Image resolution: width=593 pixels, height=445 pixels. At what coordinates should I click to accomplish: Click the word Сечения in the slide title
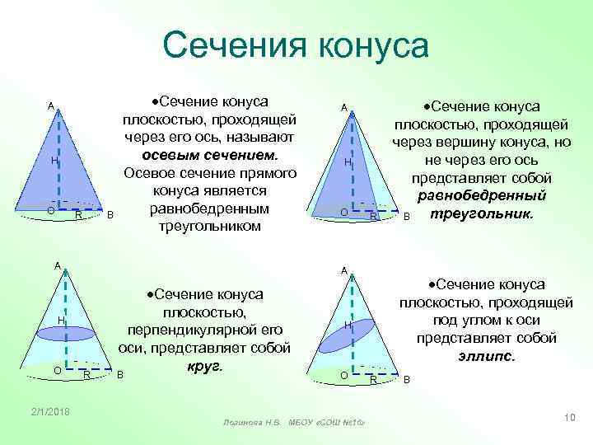226,45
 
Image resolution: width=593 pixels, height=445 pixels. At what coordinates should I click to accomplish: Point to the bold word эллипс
486,357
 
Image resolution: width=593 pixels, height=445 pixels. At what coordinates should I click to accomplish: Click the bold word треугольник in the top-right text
476,213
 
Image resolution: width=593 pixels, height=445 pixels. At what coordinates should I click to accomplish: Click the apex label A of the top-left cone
50,106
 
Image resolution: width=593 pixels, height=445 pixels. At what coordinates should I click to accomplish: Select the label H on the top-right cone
348,163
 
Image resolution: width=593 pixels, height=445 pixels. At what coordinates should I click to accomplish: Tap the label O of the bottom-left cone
57,371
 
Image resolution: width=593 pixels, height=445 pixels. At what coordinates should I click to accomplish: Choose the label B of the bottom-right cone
405,379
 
